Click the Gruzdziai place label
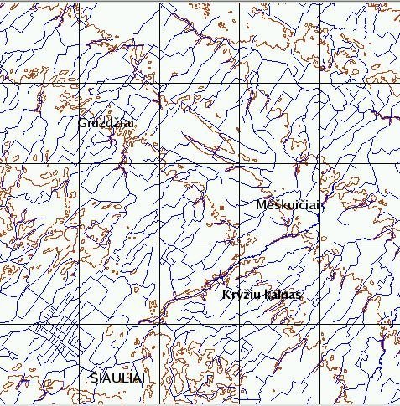(106, 123)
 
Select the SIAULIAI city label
(117, 378)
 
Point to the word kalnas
(282, 296)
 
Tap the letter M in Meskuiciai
(260, 205)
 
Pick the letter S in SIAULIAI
(93, 378)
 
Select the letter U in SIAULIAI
(113, 378)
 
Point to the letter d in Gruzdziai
(110, 123)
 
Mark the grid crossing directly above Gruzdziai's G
(79, 84)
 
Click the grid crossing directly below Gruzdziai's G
(79, 164)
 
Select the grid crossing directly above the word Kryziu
(240, 244)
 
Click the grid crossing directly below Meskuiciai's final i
(320, 244)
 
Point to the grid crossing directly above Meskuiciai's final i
(320, 164)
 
